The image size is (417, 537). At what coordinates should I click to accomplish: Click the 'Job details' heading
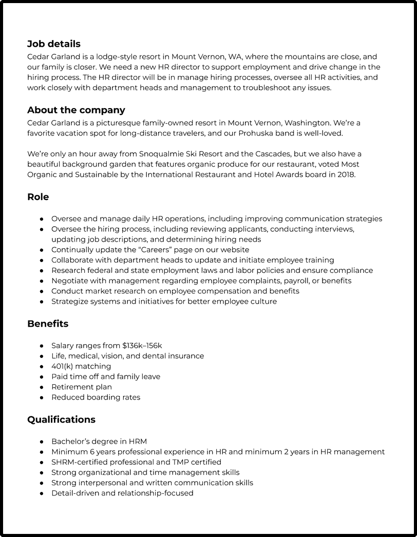[53, 44]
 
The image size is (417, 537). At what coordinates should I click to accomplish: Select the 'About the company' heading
[76, 110]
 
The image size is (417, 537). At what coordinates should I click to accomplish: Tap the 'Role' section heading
[38, 197]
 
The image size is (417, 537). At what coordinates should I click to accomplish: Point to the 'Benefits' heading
[48, 324]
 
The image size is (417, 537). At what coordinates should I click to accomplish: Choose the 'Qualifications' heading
[61, 420]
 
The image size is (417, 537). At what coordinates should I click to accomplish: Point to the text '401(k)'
[62, 366]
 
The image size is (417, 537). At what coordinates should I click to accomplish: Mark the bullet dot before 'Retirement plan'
[42, 387]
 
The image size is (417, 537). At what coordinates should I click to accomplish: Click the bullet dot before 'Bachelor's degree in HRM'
[42, 442]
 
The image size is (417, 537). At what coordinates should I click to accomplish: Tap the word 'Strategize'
[70, 301]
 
